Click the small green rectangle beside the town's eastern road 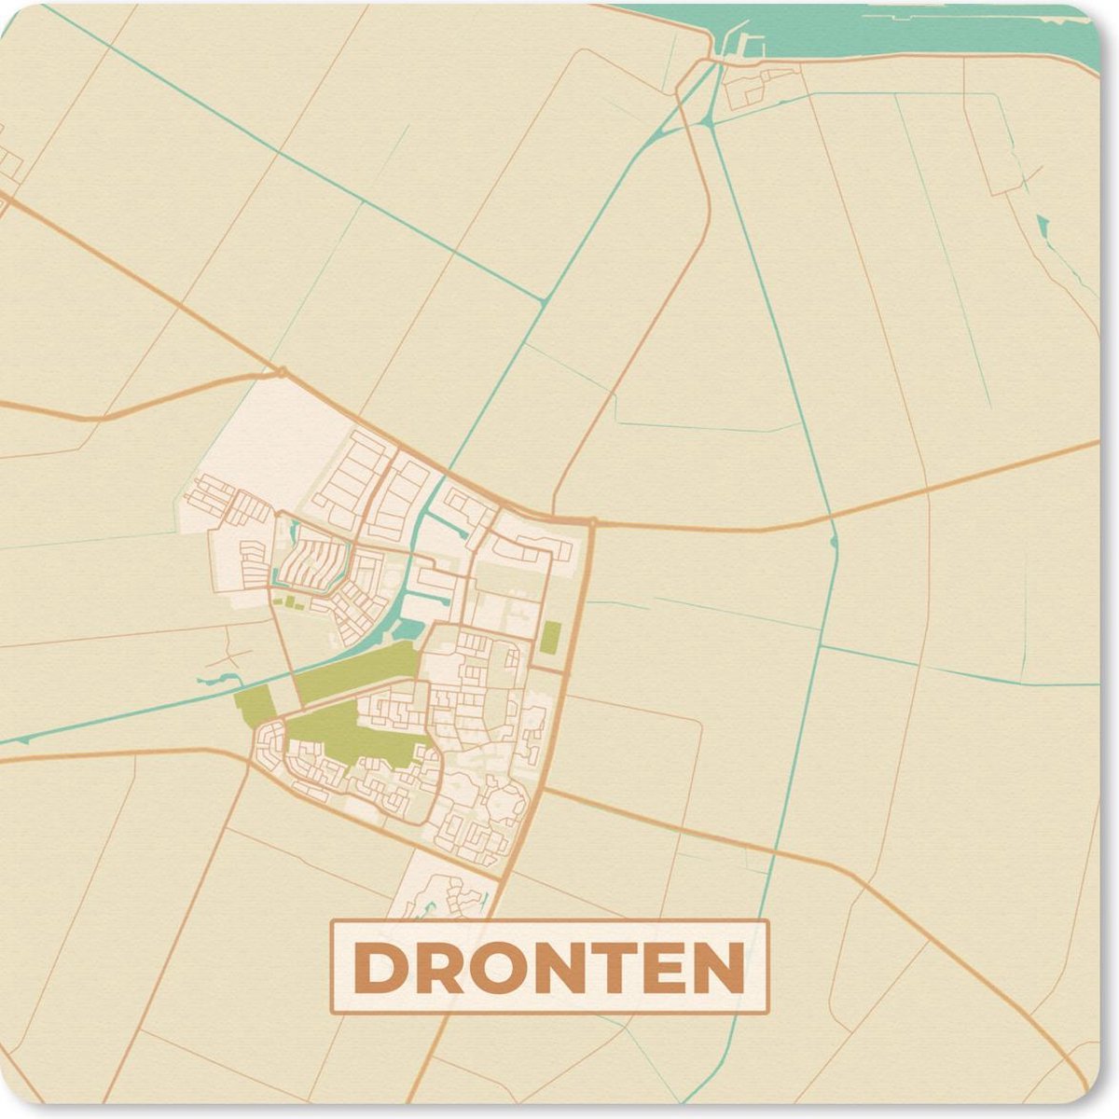(551, 637)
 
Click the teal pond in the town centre (408, 629)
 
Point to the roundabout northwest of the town (281, 373)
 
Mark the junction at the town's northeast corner (590, 521)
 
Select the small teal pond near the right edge (1042, 224)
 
